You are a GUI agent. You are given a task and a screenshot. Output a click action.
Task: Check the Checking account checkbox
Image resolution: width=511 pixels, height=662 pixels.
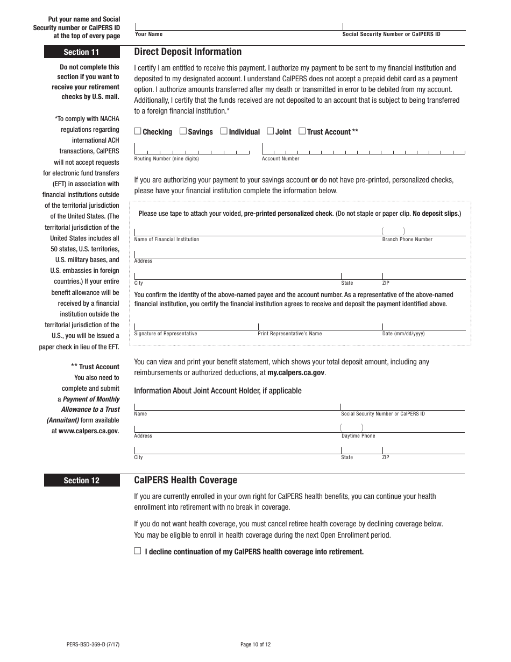coord(138,131)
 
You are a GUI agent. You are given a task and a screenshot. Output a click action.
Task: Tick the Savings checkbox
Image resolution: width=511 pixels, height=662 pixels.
coord(183,131)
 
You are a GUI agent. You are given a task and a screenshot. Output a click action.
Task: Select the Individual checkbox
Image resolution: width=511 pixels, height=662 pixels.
coord(224,131)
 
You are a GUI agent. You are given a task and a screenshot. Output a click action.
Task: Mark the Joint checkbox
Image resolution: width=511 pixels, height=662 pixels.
coord(271,131)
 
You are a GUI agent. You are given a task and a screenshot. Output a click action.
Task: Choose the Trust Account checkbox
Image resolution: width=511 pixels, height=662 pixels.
coord(302,131)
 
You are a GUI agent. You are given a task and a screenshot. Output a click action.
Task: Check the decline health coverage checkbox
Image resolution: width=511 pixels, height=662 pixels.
coord(138,551)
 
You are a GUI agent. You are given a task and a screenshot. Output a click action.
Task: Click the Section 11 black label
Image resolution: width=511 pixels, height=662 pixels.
coord(81,52)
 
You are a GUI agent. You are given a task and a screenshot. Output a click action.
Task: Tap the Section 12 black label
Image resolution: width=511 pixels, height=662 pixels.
coord(81,481)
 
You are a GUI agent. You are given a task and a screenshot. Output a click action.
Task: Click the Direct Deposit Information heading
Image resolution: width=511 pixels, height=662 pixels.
coord(188,52)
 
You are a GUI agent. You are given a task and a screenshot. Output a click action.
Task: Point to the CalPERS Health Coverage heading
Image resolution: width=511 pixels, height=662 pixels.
coord(186,480)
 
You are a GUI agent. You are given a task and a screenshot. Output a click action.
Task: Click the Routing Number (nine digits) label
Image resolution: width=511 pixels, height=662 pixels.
coord(166,159)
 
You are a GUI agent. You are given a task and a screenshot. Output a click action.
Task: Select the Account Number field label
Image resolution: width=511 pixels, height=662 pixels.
coord(280,159)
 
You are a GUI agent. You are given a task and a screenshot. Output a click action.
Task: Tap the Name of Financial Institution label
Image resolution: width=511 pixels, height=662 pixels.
coord(166,240)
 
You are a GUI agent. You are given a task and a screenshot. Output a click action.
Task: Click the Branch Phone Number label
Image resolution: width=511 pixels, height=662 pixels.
coord(407,240)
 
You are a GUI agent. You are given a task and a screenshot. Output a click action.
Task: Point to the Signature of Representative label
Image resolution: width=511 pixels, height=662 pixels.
coord(166,334)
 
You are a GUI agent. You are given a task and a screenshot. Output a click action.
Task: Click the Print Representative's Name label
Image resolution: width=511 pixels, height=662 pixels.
coord(290,334)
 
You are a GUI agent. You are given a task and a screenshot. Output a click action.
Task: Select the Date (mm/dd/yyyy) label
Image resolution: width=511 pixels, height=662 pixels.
coord(403,334)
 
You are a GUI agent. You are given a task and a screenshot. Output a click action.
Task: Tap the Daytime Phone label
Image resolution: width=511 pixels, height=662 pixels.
coord(358,436)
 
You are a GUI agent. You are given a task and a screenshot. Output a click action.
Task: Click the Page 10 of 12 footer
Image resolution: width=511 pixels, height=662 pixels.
coord(256,644)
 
